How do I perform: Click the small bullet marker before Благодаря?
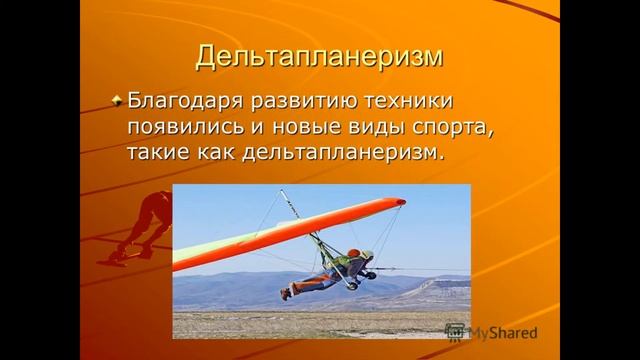(117, 102)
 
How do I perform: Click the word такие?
(160, 154)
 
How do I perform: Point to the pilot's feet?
(287, 293)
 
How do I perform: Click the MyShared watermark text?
(504, 333)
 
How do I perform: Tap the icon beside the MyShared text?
(456, 333)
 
